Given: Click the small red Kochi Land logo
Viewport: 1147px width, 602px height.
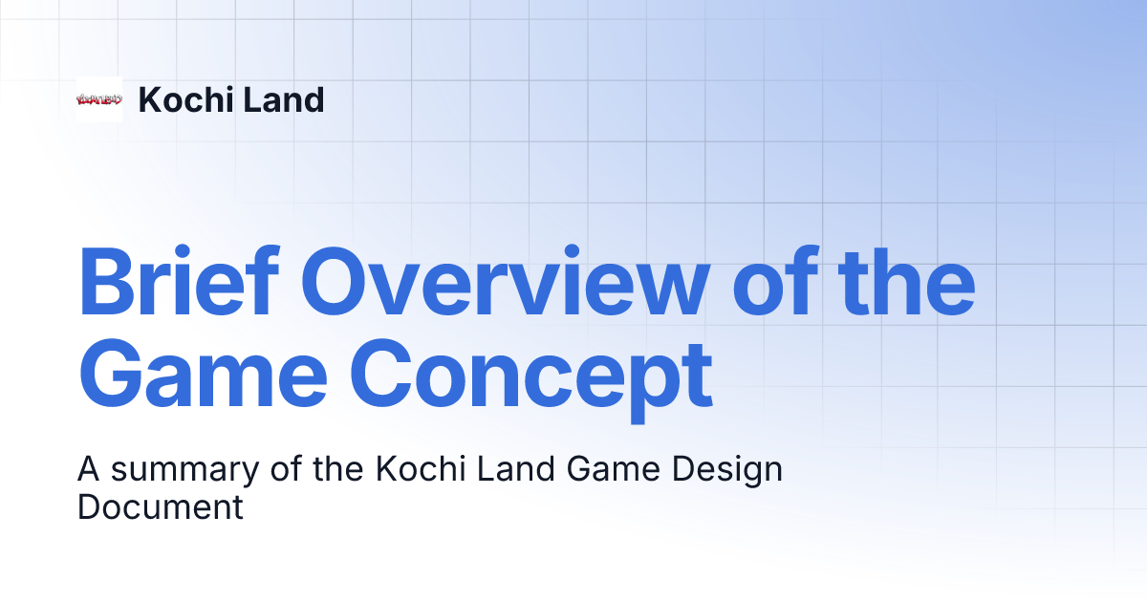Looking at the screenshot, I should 99,99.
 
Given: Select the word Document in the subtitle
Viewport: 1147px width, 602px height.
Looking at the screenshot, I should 161,506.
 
